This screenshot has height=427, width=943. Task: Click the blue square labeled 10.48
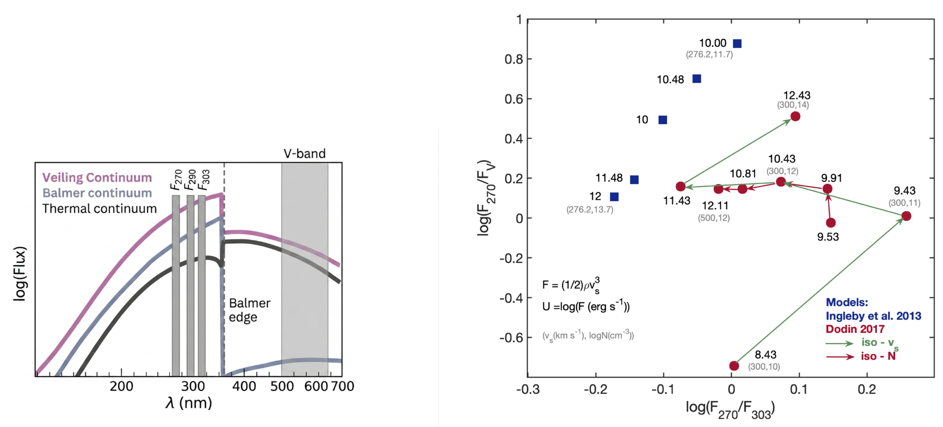point(697,79)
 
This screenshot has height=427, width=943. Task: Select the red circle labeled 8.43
point(734,365)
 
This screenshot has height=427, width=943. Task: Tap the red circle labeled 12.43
point(795,116)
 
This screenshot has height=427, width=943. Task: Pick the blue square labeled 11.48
point(634,180)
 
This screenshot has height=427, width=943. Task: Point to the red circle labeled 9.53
point(831,223)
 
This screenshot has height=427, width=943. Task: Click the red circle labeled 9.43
point(906,216)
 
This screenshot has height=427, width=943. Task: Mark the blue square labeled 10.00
point(737,44)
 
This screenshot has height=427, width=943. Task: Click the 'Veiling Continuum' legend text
point(97,177)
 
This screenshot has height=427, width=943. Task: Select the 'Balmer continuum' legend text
point(97,193)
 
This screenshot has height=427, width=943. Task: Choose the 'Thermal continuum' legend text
point(100,209)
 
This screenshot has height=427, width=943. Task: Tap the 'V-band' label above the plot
point(305,154)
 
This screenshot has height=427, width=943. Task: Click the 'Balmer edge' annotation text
point(249,310)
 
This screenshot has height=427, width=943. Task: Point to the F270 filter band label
point(176,180)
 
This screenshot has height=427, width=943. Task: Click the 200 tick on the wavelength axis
point(121,386)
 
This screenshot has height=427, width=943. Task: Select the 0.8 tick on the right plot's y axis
point(514,59)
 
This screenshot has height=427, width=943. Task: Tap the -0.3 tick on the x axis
point(528,390)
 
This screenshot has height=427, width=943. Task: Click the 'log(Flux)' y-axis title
point(20,274)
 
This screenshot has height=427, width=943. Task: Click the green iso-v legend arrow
point(840,343)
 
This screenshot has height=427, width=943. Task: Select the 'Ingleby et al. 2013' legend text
point(873,316)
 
